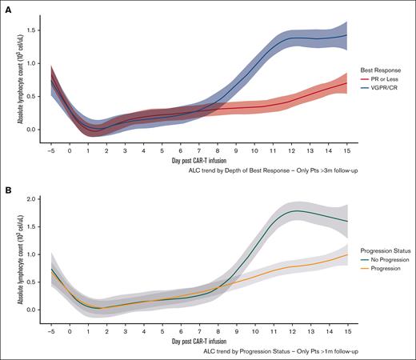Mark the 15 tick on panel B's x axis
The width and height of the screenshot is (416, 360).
(346, 330)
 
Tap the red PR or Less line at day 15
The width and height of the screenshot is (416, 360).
(346, 83)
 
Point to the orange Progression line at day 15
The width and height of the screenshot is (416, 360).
(346, 254)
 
